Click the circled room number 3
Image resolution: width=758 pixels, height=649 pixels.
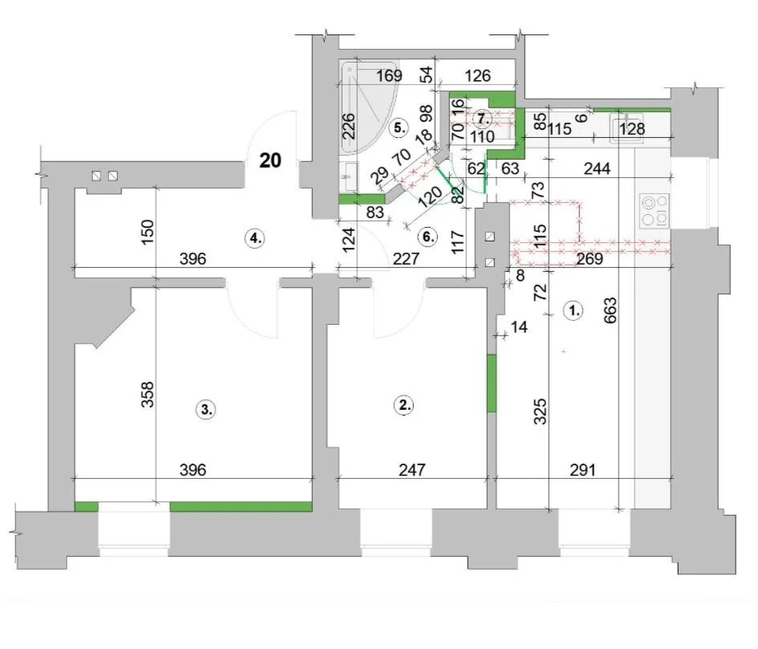tap(206, 410)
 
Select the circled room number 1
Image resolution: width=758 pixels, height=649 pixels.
tap(574, 310)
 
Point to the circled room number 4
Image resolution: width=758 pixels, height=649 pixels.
tap(255, 238)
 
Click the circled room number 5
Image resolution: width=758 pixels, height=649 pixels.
tap(399, 128)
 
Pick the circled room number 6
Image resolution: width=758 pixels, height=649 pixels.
tap(428, 237)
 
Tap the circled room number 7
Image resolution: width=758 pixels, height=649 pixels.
tap(481, 118)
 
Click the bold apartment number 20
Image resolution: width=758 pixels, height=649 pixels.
tap(270, 160)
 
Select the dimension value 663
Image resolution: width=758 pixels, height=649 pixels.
tap(610, 310)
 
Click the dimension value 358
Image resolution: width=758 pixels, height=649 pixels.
tap(148, 394)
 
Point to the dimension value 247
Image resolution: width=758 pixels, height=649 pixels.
tap(411, 469)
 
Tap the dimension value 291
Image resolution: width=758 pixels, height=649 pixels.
tap(582, 469)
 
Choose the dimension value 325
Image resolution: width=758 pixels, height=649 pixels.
tap(540, 411)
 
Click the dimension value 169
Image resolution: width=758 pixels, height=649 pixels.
tap(389, 76)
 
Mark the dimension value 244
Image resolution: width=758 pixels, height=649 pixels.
tap(597, 168)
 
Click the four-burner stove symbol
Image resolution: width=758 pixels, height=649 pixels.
tap(655, 210)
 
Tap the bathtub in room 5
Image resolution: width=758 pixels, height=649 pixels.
tap(370, 107)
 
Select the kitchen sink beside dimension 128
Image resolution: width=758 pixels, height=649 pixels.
tap(628, 128)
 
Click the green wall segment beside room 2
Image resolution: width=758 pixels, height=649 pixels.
tap(492, 383)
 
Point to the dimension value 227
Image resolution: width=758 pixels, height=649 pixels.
tap(406, 259)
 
